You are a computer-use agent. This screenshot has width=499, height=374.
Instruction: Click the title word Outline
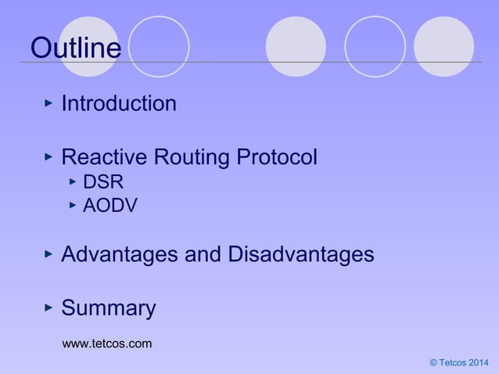point(75,49)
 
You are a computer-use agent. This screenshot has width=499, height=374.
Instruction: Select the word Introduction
point(118,103)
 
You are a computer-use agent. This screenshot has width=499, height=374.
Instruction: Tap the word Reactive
point(104,158)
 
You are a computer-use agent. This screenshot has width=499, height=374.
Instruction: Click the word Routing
point(191,158)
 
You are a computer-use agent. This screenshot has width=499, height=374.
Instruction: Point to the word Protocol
point(278,158)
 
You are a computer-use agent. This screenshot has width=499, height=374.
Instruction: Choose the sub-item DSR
point(102,182)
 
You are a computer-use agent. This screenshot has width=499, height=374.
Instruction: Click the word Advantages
point(128,255)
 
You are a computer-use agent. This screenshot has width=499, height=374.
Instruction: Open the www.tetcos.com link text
point(106,343)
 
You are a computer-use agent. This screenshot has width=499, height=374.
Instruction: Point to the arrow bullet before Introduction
point(48,102)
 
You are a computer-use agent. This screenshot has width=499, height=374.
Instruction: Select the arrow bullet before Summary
point(48,307)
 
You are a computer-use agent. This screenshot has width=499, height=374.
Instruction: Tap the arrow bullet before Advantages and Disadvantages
point(48,254)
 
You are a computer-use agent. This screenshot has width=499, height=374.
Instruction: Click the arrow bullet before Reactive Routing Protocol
point(48,157)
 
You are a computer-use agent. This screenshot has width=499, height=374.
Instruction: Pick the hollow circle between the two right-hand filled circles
point(375,47)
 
